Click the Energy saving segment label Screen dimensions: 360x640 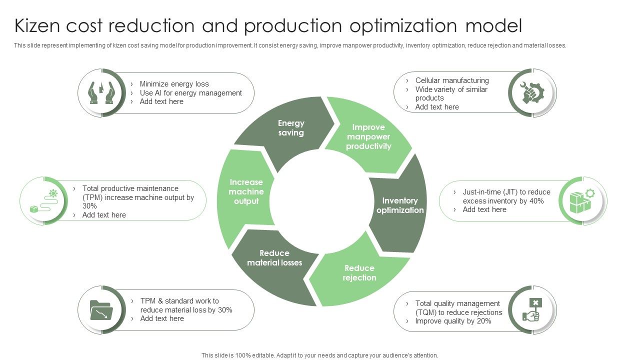(291, 128)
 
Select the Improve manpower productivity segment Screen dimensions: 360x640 (368, 136)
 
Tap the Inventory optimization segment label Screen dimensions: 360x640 (400, 205)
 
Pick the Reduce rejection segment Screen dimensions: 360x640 (359, 273)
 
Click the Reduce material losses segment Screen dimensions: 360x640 (274, 258)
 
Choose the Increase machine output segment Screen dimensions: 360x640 (246, 191)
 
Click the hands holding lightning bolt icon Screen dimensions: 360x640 (101, 93)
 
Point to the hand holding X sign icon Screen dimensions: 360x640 (532, 310)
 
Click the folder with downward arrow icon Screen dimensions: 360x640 (101, 310)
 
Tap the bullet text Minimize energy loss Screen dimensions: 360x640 (174, 84)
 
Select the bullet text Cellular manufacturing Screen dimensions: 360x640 (452, 80)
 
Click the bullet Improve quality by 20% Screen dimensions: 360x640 (453, 321)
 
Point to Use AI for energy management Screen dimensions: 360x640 (190, 93)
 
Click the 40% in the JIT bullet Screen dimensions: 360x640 (536, 201)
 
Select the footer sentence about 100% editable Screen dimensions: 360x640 (320, 355)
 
